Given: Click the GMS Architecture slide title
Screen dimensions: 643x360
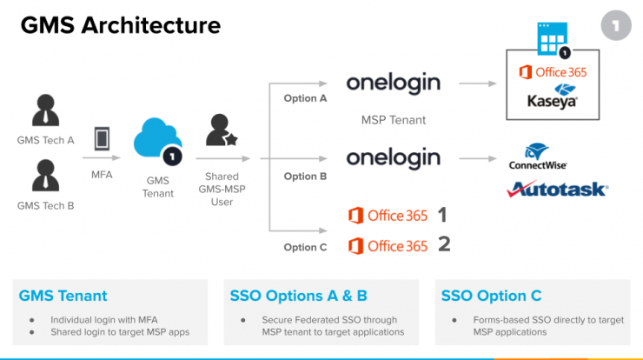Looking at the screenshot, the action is (121, 25).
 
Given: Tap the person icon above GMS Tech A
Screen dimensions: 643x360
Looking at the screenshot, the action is (45, 110).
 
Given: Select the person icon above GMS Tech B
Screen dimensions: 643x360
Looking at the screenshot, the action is (45, 176).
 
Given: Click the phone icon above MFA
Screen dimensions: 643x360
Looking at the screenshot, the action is (102, 138).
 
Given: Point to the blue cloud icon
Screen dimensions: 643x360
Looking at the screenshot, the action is (157, 138).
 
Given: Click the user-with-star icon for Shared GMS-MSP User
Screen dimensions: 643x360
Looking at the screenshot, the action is (222, 130).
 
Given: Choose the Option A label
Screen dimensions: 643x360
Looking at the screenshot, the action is (305, 98).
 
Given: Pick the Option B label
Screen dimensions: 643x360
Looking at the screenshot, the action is (305, 177).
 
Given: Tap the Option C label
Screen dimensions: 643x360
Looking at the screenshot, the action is (305, 247).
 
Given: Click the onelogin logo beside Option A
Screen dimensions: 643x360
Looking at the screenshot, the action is (394, 83).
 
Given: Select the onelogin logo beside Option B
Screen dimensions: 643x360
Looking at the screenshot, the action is (394, 158).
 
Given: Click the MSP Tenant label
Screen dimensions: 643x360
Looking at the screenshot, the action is (394, 120).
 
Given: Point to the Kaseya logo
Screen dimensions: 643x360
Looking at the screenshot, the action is (553, 97).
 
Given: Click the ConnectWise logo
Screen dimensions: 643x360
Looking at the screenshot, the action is (538, 157).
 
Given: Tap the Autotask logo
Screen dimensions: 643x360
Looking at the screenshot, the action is (557, 190).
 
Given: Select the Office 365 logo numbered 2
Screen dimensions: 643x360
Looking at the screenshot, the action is (388, 246).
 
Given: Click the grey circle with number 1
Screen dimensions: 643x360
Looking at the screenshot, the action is (616, 26).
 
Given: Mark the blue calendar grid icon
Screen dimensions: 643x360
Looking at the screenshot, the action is (553, 38).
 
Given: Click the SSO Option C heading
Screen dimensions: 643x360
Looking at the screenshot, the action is (491, 296).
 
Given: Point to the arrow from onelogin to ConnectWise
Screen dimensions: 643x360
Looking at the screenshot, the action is (478, 158).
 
